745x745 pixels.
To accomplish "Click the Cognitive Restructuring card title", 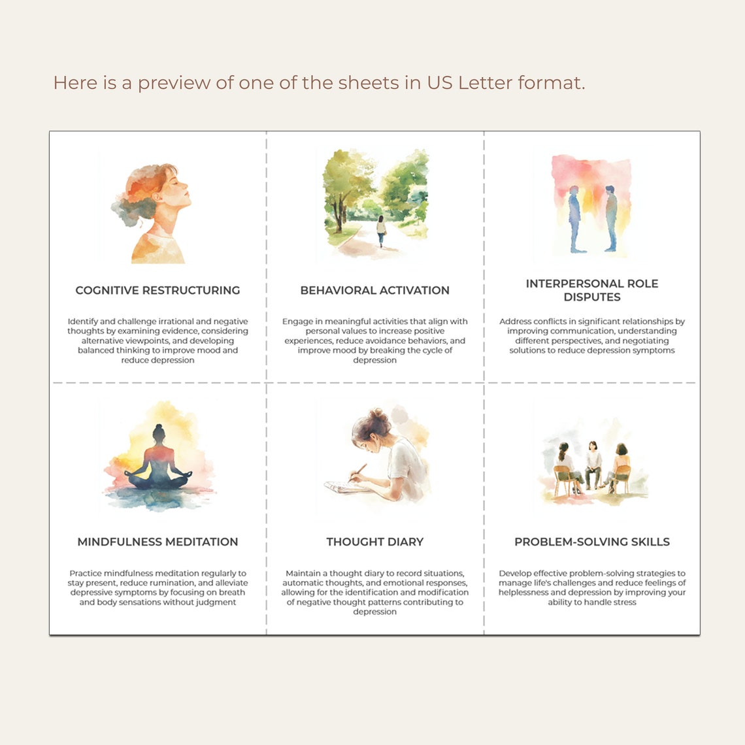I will coord(157,290).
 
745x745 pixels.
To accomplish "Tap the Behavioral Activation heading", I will coord(374,290).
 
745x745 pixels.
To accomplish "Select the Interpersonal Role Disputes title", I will coord(592,290).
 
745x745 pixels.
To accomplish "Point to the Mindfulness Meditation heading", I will coord(157,542).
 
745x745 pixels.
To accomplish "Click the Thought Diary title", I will coord(374,542).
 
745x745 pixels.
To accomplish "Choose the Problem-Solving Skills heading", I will coord(592,542).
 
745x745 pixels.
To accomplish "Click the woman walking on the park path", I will coord(381,230).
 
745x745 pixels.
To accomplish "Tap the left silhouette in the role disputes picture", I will coord(574,219).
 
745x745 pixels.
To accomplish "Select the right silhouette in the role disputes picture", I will coord(611,219).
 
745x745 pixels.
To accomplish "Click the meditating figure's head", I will coord(158,432).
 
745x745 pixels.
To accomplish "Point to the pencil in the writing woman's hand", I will coord(357,472).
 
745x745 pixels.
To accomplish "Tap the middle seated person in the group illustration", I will coord(593,463).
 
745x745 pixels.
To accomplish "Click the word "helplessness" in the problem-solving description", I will coord(524,593).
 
